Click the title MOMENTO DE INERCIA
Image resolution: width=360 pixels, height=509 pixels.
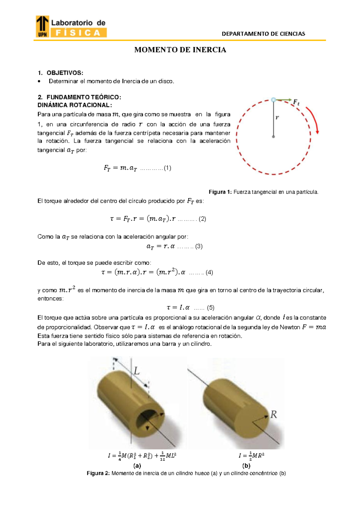[x=180, y=50]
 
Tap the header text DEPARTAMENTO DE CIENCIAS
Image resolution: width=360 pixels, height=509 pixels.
[x=263, y=34]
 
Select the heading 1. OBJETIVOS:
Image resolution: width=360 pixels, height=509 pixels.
[x=60, y=73]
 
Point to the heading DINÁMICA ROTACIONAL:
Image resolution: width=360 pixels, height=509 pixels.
[x=74, y=105]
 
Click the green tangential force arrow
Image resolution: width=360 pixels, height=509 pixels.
[x=284, y=100]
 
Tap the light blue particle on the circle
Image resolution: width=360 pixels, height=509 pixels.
[x=273, y=100]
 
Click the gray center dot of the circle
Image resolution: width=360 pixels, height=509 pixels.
[x=273, y=137]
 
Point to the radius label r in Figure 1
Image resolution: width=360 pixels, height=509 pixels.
[x=277, y=118]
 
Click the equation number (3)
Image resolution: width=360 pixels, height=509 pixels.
[x=199, y=246]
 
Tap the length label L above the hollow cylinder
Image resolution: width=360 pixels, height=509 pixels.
[x=136, y=371]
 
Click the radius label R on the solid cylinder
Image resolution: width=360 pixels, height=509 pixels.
[x=274, y=415]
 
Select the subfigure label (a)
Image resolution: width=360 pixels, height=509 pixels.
[x=137, y=466]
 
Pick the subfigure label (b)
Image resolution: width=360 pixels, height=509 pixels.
[x=246, y=466]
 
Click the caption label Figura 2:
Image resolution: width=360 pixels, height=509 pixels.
[x=98, y=474]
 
